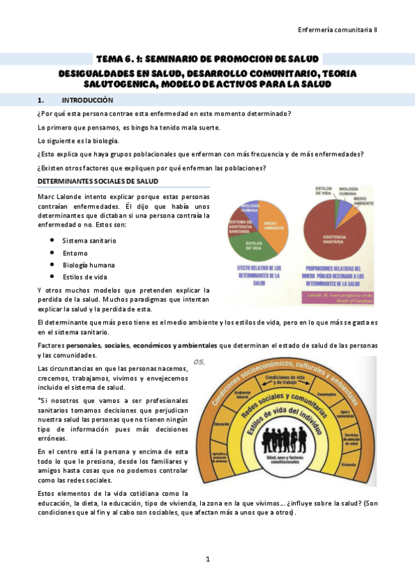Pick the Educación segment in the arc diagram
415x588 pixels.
[222, 424]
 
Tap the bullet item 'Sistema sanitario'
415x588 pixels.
[89, 240]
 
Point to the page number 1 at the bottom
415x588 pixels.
[207, 559]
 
